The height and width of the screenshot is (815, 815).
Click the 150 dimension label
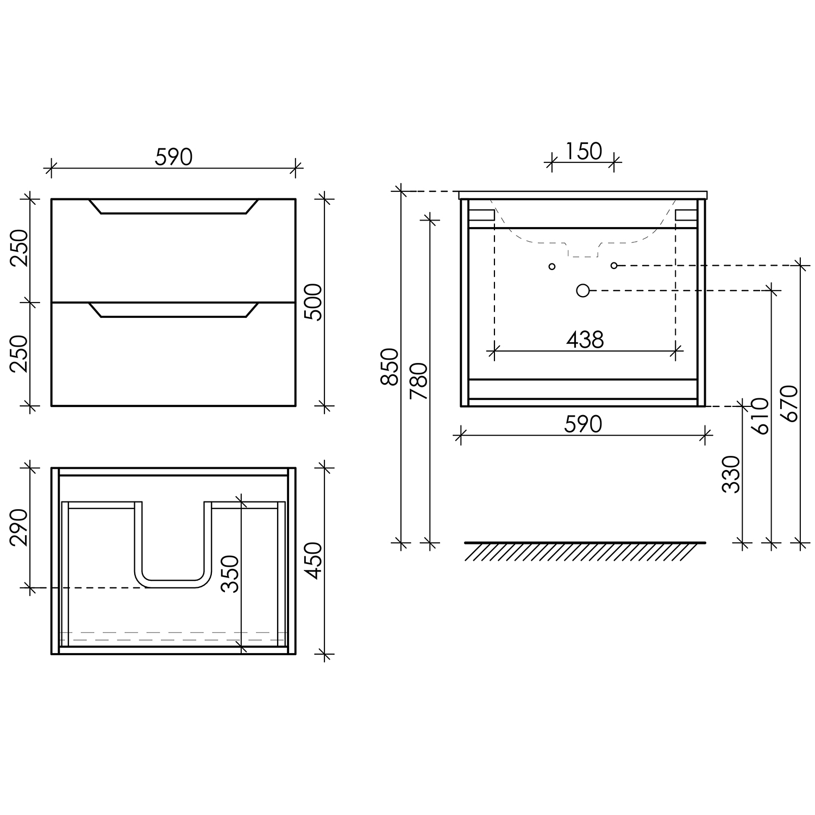584,152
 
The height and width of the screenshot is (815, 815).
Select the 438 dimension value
585,340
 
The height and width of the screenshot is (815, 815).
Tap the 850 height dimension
390,367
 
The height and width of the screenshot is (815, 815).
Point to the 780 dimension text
420,380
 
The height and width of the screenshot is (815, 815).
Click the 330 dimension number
731,474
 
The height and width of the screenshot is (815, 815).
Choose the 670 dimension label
790,404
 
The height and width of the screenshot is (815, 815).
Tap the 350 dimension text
230,574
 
